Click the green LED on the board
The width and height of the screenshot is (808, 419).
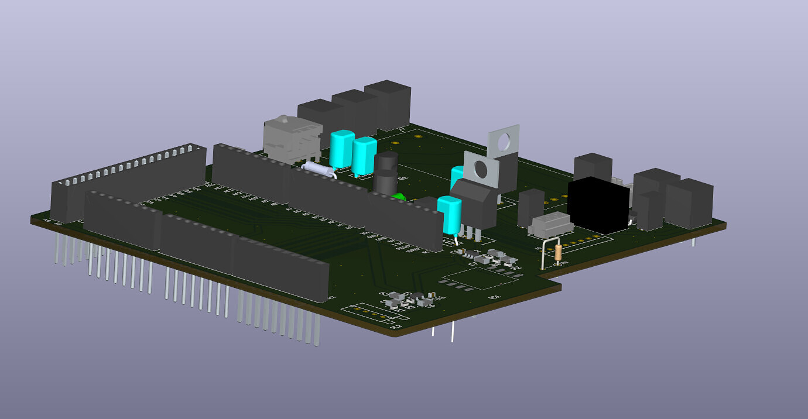399,197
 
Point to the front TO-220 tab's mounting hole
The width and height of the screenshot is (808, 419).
481,169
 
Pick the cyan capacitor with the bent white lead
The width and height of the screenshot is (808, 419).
450,215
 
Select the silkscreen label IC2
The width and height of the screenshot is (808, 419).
396,327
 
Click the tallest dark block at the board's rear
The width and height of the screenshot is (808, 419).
388,105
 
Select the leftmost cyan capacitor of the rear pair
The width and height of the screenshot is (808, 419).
341,150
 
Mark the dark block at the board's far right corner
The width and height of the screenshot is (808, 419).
689,202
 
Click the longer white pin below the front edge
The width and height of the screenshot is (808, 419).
452,332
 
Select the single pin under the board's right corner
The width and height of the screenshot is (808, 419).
693,242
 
